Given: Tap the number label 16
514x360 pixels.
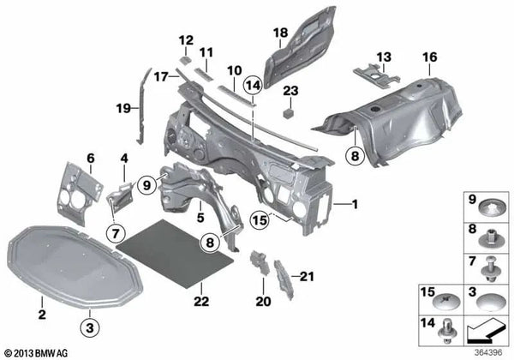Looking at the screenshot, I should pos(429,57).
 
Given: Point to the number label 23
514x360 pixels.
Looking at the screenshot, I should pos(290,91).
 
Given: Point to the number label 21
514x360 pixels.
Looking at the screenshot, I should pos(308,275).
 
